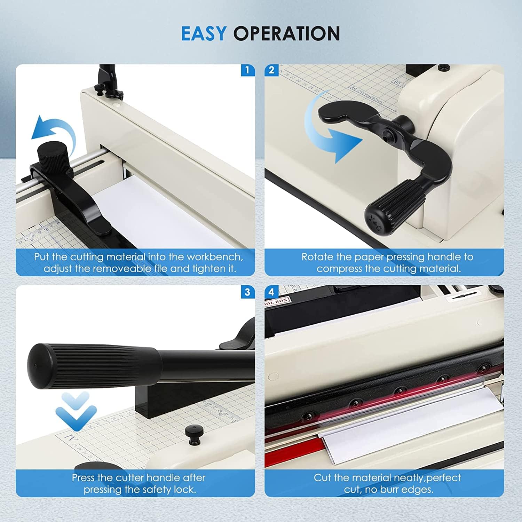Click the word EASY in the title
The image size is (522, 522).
[204, 34]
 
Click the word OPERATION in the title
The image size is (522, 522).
[286, 34]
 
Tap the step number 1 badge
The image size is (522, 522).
[247, 70]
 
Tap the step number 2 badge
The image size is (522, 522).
[271, 70]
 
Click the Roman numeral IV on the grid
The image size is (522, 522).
[69, 437]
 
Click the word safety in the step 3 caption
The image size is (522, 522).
[156, 489]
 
